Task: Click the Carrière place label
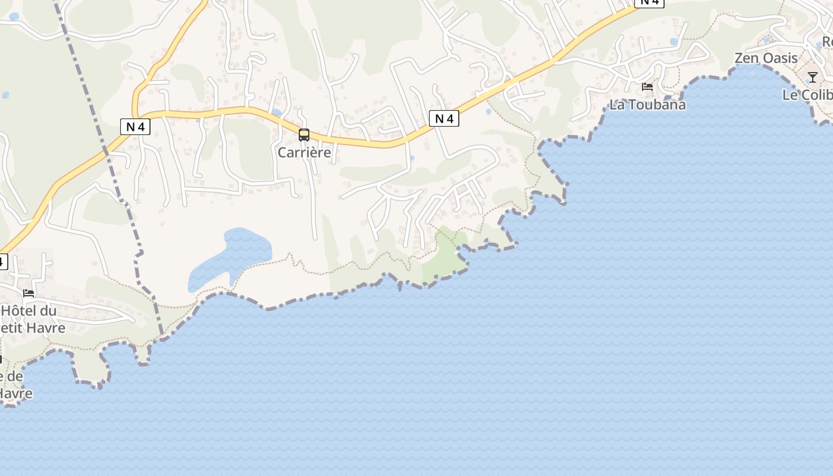click(x=304, y=152)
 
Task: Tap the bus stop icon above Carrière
click(x=304, y=135)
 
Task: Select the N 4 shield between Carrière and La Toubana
click(x=444, y=118)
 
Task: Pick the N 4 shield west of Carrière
click(x=135, y=126)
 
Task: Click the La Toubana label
click(x=647, y=105)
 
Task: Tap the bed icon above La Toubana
click(x=647, y=87)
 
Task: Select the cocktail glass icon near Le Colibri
click(x=812, y=77)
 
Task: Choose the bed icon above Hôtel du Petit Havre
click(x=28, y=293)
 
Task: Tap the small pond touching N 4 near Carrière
click(x=276, y=112)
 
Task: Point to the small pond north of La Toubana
click(x=674, y=42)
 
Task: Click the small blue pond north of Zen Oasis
click(x=766, y=40)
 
